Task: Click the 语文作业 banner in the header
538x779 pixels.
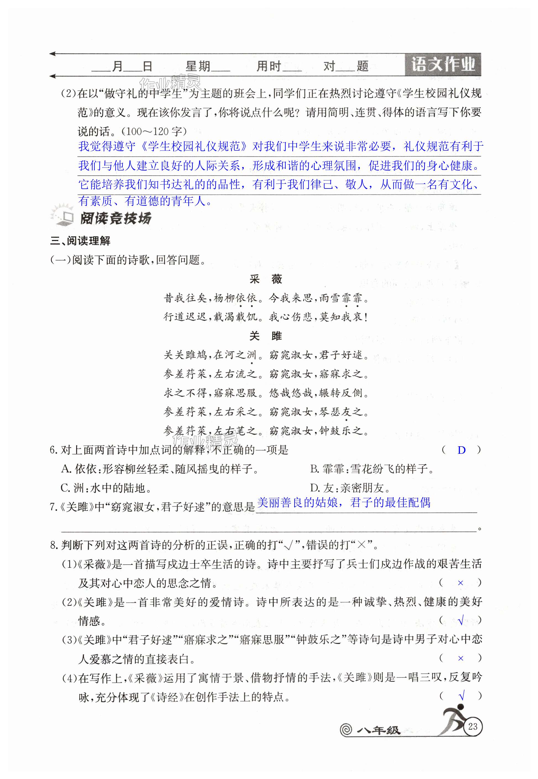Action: (x=443, y=64)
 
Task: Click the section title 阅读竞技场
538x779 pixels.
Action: (x=115, y=218)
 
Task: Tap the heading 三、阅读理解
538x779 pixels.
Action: (x=80, y=241)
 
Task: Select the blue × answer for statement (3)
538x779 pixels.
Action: (x=461, y=658)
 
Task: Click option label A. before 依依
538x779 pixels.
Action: (x=66, y=469)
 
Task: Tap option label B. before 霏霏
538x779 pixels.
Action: (x=315, y=469)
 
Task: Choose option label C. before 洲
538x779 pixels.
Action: (x=66, y=488)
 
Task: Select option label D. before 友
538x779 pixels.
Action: (x=315, y=488)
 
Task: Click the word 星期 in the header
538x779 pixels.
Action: (x=198, y=66)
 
